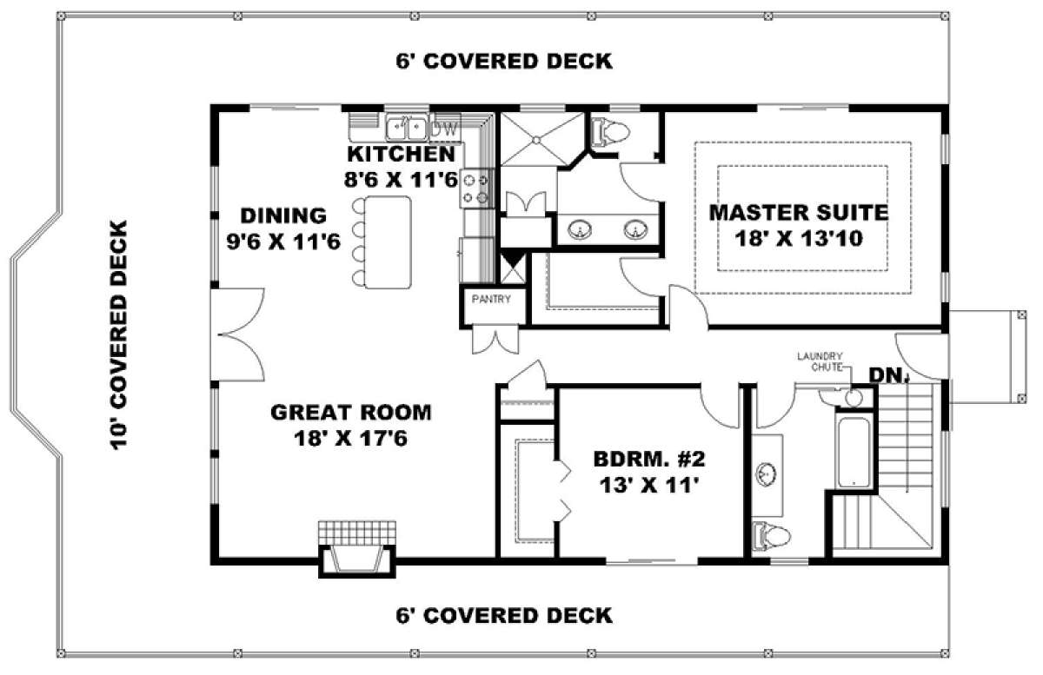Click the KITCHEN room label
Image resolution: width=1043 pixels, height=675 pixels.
[x=402, y=154]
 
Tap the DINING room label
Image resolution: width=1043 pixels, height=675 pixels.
[x=283, y=215]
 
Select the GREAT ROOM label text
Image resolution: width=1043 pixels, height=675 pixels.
[x=351, y=413]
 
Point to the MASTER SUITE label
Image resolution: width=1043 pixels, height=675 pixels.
[x=799, y=212]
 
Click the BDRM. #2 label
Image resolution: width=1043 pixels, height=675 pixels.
[x=649, y=460]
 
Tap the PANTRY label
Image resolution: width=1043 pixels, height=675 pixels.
[x=491, y=299]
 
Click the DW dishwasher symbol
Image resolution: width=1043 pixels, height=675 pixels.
[x=444, y=129]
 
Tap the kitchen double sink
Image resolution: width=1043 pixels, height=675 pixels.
[x=407, y=128]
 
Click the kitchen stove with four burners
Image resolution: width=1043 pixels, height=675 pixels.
[x=476, y=189]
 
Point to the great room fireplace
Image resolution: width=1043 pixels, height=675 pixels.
[x=357, y=549]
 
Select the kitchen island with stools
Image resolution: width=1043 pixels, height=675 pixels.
[x=382, y=242]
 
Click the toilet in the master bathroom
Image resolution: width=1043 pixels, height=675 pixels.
[x=609, y=132]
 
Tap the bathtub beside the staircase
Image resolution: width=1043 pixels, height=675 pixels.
[x=853, y=453]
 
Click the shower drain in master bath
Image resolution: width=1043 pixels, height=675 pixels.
[x=536, y=139]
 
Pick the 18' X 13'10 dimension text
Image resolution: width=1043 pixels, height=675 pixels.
[x=799, y=239]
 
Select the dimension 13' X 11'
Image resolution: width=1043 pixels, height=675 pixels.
[x=649, y=486]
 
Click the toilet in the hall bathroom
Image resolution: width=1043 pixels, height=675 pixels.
[x=772, y=538]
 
